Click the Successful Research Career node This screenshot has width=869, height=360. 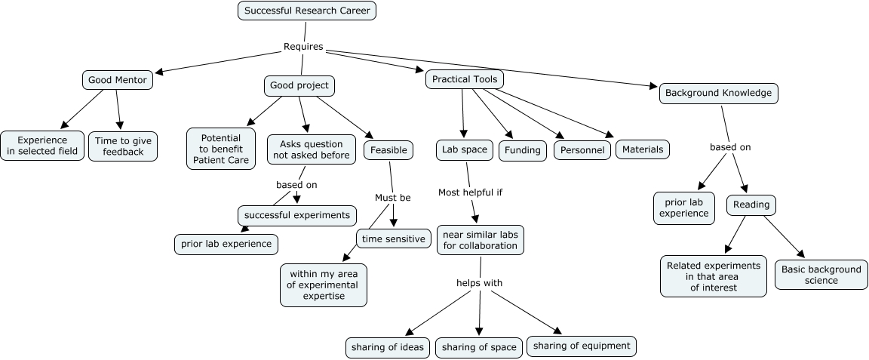coord(306,11)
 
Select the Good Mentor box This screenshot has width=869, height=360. coord(116,79)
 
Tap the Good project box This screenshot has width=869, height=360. coord(299,85)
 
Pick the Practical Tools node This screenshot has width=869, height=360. coord(464,79)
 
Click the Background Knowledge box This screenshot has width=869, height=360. coord(719,93)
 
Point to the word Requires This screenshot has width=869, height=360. coord(303,47)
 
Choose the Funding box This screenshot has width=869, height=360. coord(523,149)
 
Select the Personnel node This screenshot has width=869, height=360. coord(582,149)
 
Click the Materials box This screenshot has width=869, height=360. coord(643,149)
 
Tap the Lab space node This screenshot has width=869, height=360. coord(465,149)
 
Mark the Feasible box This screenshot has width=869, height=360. coord(389,149)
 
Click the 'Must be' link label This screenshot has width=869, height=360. coord(393,198)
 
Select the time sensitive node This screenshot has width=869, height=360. coord(393,238)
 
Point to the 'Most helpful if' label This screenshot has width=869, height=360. coord(470,192)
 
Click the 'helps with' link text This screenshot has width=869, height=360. coord(479,283)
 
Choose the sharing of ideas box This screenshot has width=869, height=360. coord(388,347)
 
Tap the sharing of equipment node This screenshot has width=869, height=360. coord(581,346)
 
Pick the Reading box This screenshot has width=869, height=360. coord(751,205)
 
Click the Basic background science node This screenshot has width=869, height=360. coord(821,275)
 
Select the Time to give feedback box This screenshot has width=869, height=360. coord(124,146)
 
